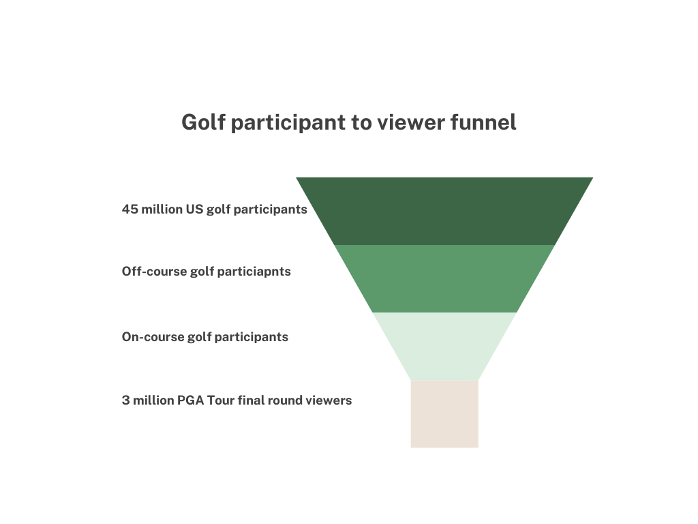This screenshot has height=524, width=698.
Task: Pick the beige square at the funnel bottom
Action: [444, 413]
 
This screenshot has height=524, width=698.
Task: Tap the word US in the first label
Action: [194, 209]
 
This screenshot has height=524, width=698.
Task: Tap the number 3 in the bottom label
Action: [125, 401]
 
